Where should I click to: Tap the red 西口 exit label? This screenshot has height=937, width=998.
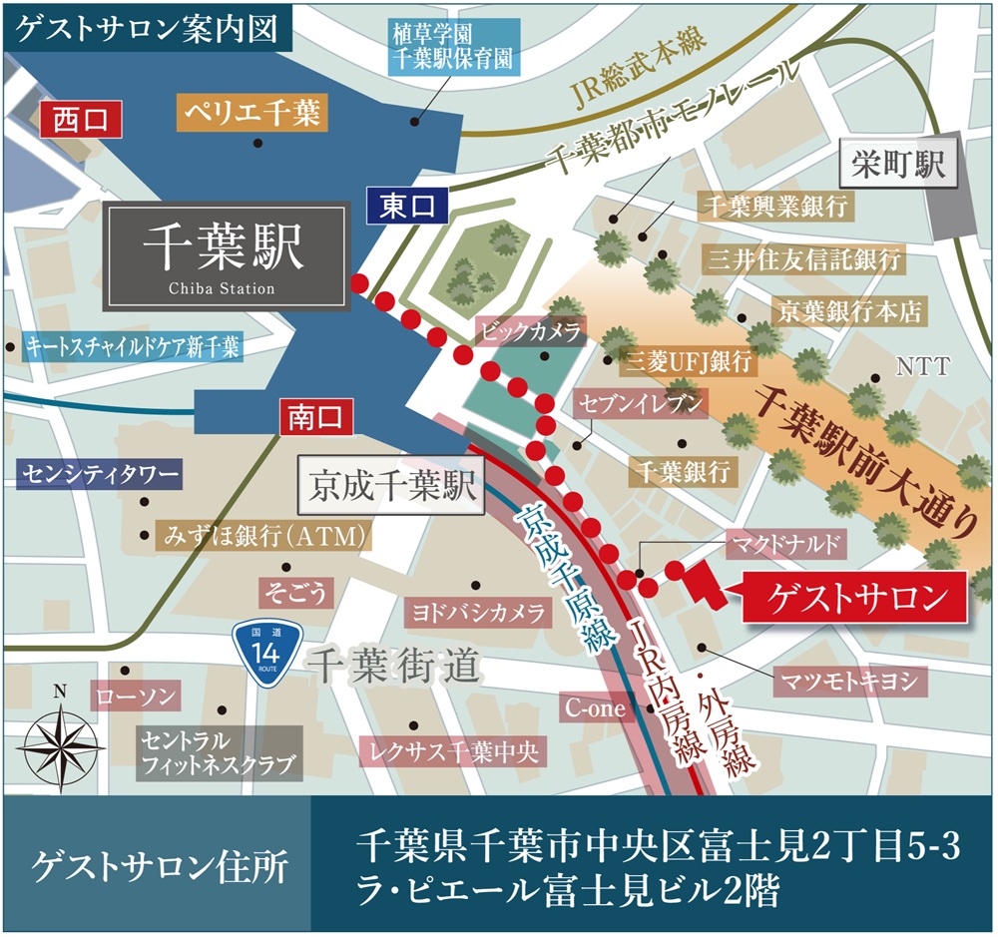(79, 120)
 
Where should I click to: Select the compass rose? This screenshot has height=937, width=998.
(61, 739)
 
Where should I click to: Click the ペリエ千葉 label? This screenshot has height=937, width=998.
(250, 114)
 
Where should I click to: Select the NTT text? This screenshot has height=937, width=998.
(923, 366)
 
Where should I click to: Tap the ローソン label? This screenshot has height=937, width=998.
(134, 696)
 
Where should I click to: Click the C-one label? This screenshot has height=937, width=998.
(597, 709)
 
